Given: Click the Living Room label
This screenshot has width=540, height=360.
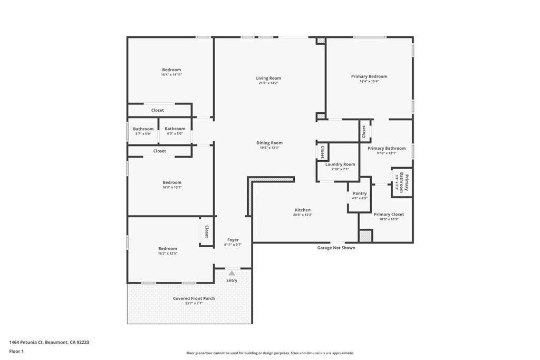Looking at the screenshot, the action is pyautogui.click(x=268, y=78).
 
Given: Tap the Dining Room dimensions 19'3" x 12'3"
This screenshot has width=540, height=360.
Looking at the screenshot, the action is pyautogui.click(x=269, y=148).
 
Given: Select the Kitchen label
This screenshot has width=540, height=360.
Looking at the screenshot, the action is pyautogui.click(x=303, y=210).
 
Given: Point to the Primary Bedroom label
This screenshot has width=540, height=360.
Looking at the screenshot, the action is pyautogui.click(x=369, y=76).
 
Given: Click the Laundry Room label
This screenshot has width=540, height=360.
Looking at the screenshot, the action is pyautogui.click(x=340, y=164).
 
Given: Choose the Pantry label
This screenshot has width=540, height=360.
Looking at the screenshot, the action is pyautogui.click(x=360, y=193).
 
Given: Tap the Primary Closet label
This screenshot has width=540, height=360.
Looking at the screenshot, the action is pyautogui.click(x=389, y=215).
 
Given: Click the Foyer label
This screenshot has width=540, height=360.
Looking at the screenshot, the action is pyautogui.click(x=233, y=240).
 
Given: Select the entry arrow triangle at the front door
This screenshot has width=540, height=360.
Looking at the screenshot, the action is pyautogui.click(x=232, y=273).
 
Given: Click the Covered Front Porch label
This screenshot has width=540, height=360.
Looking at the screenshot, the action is pyautogui.click(x=194, y=298).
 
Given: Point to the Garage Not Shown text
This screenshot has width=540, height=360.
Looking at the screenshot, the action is pyautogui.click(x=336, y=247).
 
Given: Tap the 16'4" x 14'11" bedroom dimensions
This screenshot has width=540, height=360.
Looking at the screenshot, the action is pyautogui.click(x=171, y=75).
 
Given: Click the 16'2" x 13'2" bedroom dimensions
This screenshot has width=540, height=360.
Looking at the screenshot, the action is pyautogui.click(x=172, y=188).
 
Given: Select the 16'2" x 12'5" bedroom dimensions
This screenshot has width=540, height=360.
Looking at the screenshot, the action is pyautogui.click(x=168, y=254).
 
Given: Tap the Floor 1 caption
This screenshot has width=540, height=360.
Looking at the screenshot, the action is pyautogui.click(x=16, y=352).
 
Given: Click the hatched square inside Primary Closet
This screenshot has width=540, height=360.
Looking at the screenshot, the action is pyautogui.click(x=366, y=236).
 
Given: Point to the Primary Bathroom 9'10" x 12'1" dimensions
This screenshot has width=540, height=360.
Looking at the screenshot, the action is pyautogui.click(x=387, y=153).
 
